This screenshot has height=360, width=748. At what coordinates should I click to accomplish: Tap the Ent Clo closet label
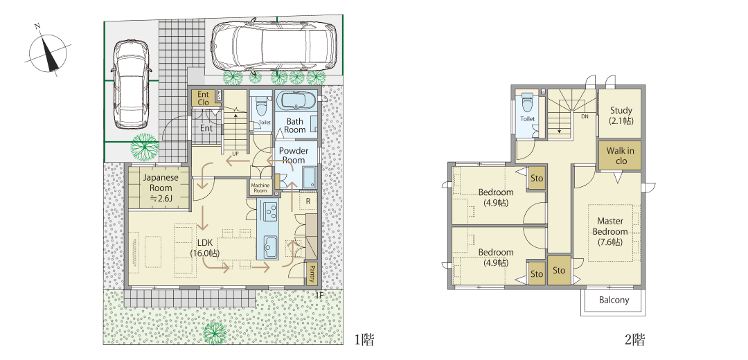point(203,98)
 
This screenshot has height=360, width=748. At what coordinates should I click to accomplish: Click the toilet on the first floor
point(260,107)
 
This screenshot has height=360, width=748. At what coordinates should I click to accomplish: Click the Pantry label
point(312,273)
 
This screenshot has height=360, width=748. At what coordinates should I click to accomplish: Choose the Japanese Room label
point(160,188)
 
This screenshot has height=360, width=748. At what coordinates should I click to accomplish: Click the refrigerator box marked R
point(308,201)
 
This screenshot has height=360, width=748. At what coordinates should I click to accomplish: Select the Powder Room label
point(294,156)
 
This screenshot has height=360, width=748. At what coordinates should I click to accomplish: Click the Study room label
point(621,116)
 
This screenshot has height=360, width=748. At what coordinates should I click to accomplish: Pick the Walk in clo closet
point(620,156)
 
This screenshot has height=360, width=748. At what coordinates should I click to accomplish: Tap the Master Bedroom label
point(610,231)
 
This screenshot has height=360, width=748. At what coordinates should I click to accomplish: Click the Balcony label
point(614,300)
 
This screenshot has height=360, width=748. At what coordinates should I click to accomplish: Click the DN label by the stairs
point(585,116)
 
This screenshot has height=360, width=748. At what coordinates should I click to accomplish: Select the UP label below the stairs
point(235,154)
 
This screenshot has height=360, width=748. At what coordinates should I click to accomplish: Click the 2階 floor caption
point(634,339)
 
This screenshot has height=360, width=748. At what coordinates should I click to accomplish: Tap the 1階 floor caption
point(364,339)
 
